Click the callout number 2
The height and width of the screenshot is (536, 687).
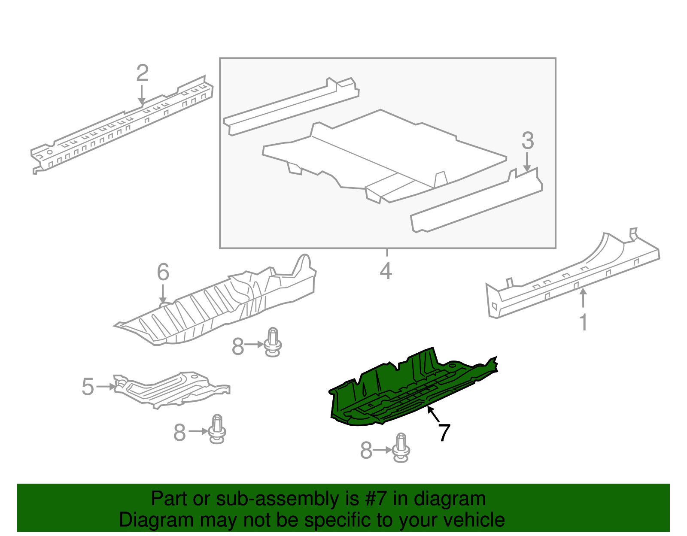[142, 73]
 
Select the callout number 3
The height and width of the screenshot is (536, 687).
[528, 141]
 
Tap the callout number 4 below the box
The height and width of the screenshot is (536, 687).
[386, 271]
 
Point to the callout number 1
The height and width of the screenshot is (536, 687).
[583, 323]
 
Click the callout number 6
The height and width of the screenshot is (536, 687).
[163, 272]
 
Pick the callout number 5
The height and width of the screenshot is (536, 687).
[88, 387]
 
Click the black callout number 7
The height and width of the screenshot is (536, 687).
[444, 433]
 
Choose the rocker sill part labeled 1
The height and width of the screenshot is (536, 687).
[571, 279]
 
